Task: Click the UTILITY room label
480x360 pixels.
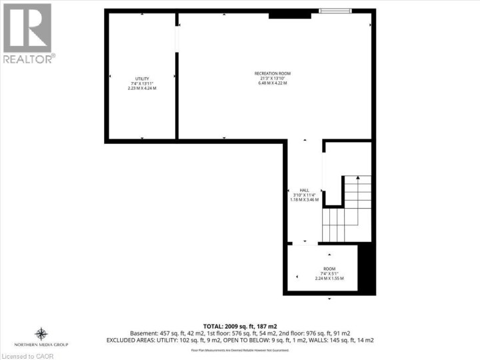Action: click(x=141, y=78)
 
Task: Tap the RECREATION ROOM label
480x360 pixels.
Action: click(x=272, y=73)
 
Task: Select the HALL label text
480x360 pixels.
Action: click(x=303, y=189)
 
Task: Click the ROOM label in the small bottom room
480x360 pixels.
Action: click(x=329, y=268)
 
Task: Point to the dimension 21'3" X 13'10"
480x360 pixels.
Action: click(x=272, y=79)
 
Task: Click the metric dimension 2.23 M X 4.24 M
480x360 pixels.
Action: click(x=141, y=88)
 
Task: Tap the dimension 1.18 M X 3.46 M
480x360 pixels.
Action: click(x=304, y=199)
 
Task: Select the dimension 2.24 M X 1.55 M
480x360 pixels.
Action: click(x=329, y=278)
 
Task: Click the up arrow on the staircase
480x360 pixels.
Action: click(x=358, y=178)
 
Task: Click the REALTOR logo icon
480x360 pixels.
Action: click(x=27, y=27)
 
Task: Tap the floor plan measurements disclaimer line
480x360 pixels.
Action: click(x=240, y=349)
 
